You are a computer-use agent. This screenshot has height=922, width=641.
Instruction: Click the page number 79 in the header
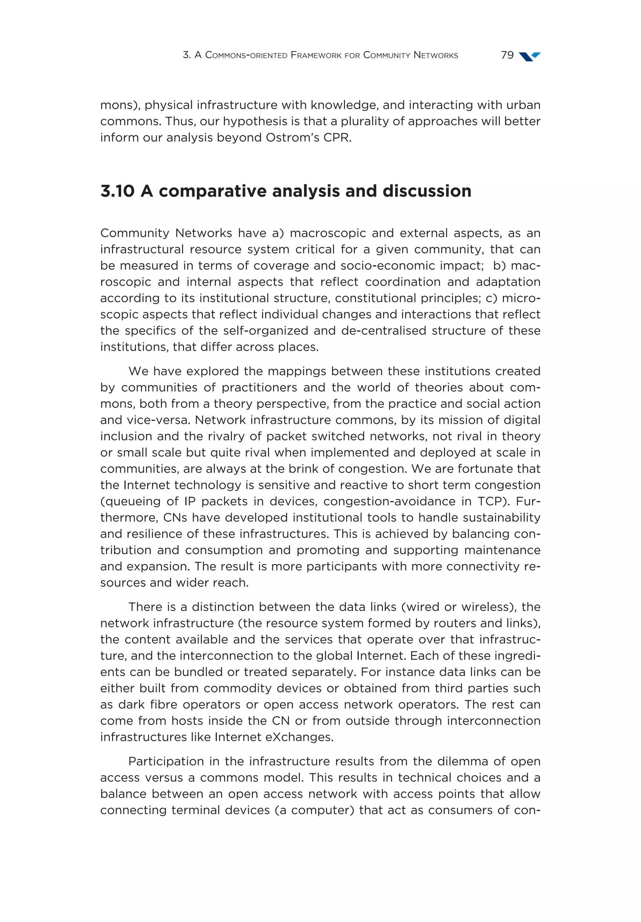tap(507, 55)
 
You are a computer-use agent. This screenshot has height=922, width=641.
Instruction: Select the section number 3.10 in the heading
tap(117, 191)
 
